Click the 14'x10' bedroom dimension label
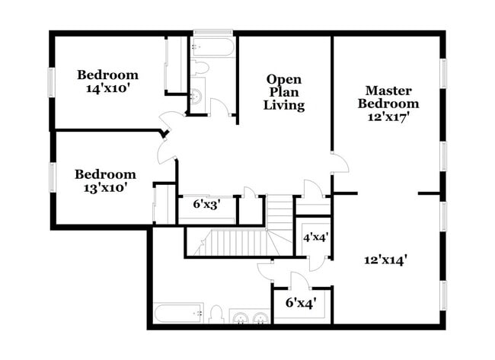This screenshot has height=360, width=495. [107, 81]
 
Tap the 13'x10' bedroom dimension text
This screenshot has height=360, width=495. [105, 180]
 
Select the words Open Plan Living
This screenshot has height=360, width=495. [283, 92]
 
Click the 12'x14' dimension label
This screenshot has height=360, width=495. [385, 260]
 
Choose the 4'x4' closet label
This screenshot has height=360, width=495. [316, 237]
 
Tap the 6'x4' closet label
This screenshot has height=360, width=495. [301, 303]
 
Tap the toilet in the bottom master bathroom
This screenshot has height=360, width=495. [216, 314]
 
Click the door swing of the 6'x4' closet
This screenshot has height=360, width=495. [299, 279]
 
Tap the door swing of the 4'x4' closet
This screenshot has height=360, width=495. [318, 260]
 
